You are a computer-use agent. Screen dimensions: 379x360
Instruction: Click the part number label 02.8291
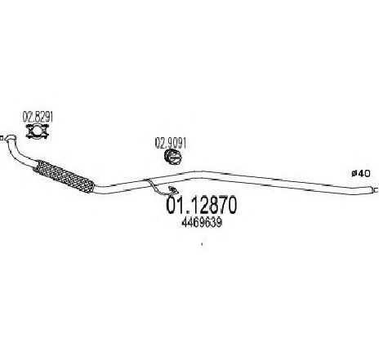[x=38, y=117]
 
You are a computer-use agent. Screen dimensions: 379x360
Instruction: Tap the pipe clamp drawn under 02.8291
[x=38, y=131]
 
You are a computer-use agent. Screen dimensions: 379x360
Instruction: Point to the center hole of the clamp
[x=38, y=131]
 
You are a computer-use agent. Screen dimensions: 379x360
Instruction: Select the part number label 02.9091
[x=171, y=143]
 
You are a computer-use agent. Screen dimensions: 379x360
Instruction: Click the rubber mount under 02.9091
[x=173, y=158]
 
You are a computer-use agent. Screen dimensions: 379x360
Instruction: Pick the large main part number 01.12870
[x=202, y=205]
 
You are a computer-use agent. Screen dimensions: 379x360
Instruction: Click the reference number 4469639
[x=202, y=223]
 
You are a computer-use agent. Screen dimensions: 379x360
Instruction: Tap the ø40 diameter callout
[x=361, y=173]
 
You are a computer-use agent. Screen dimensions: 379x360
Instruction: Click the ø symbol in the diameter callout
[x=354, y=173]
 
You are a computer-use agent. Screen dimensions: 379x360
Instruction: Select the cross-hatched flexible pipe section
[x=65, y=177]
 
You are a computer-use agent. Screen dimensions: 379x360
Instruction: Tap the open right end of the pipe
[x=374, y=189]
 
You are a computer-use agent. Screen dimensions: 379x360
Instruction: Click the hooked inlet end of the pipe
[x=11, y=138]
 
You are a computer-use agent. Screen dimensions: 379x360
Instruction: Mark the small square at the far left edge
[x=2, y=139]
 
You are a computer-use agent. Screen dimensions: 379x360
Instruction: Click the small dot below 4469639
[x=202, y=244]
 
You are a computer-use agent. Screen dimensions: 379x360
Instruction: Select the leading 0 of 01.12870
[x=171, y=205]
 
